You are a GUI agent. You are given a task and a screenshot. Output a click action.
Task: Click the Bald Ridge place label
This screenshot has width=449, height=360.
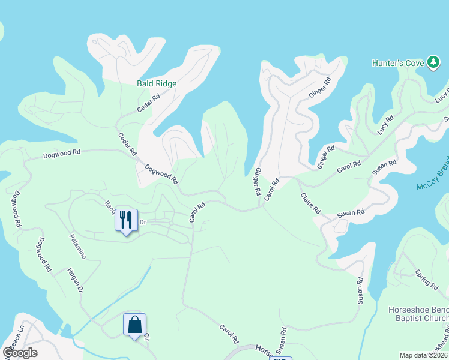pos(157,83)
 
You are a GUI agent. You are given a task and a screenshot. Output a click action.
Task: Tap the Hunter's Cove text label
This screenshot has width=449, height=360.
pos(397,62)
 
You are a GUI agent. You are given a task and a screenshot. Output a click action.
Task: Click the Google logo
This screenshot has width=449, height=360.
pos(20,353)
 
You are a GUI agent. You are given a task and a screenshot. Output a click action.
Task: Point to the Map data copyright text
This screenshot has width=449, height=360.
pos(424,355)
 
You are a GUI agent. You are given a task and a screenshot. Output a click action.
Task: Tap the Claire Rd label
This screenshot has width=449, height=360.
pos(311,203)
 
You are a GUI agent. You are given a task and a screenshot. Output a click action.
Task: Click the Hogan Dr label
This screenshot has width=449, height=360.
pos(74,280)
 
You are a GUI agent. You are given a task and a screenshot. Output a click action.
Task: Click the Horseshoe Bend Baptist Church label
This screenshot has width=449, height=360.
pos(418,313)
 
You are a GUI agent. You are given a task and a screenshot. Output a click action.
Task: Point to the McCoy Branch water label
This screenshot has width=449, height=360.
pos(432,179)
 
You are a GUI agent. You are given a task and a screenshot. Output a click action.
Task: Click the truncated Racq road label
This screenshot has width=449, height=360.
pos(109,206)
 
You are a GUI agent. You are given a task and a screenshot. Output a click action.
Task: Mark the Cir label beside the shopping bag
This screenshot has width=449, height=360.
pos(146,338)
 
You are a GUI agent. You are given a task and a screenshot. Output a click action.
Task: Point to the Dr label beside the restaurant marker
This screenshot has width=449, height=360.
pos(143,222)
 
